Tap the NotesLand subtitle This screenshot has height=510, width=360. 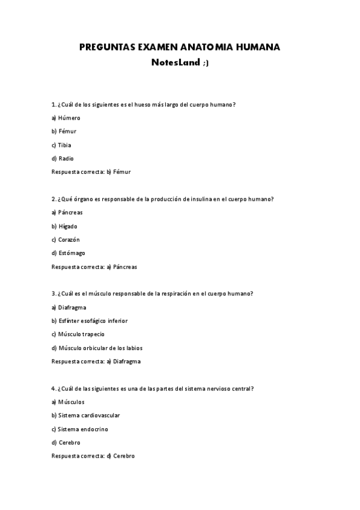(x=180, y=62)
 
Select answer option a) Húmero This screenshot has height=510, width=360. (x=66, y=118)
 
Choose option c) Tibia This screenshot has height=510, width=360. (x=61, y=145)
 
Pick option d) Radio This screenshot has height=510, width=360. (x=63, y=158)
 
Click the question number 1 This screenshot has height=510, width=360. (x=53, y=105)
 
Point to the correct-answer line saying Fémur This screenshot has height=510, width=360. (x=91, y=171)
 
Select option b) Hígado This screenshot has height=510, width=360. (x=64, y=226)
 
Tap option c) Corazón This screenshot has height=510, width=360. (x=66, y=239)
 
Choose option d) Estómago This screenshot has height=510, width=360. (x=68, y=253)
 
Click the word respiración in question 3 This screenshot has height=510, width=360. (x=177, y=293)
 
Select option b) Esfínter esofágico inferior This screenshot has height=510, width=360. (x=90, y=321)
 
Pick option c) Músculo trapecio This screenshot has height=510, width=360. (x=78, y=334)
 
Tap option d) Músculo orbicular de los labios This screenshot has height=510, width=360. (x=97, y=348)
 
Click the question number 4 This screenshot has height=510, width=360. (x=53, y=389)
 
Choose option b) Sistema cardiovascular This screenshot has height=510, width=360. (x=85, y=416)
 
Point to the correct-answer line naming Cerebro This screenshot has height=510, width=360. (x=93, y=456)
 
